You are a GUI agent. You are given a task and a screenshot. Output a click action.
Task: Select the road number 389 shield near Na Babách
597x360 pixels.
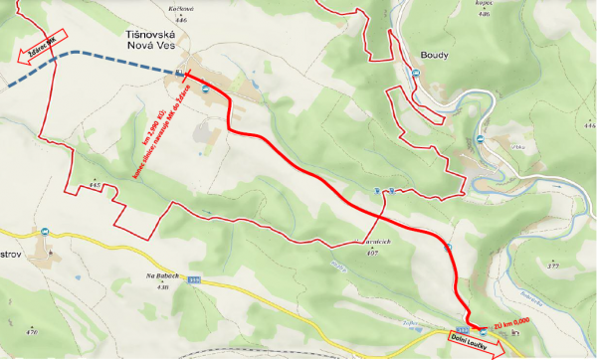[195, 281]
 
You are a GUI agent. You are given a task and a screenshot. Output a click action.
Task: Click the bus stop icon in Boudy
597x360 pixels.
[481, 139]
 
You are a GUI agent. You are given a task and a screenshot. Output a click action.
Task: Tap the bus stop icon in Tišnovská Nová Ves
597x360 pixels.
[206, 90]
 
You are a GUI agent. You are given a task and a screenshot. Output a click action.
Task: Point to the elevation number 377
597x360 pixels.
[553, 267]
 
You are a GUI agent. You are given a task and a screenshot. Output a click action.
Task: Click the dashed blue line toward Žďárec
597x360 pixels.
[99, 62]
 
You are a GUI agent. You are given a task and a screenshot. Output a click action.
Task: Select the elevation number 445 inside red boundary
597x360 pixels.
[95, 186]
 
